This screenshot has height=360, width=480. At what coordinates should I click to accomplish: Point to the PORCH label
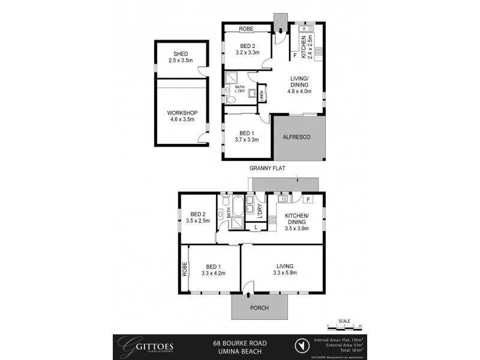coord(259,308)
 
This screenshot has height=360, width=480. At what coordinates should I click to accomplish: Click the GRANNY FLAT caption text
coord(267,169)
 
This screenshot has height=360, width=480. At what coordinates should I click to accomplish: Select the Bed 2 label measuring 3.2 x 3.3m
coord(248,50)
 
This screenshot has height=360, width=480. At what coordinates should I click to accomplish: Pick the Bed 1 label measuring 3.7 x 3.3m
coord(247,137)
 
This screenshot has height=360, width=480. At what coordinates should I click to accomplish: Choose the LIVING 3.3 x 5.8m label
coord(284,268)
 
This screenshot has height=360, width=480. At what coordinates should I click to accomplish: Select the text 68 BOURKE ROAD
coord(240,343)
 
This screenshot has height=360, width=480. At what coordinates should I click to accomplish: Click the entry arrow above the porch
coord(248,294)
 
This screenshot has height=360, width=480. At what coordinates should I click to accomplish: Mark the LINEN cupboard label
coord(262,95)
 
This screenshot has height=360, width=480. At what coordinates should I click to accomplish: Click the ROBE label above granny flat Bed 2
coord(247,28)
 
